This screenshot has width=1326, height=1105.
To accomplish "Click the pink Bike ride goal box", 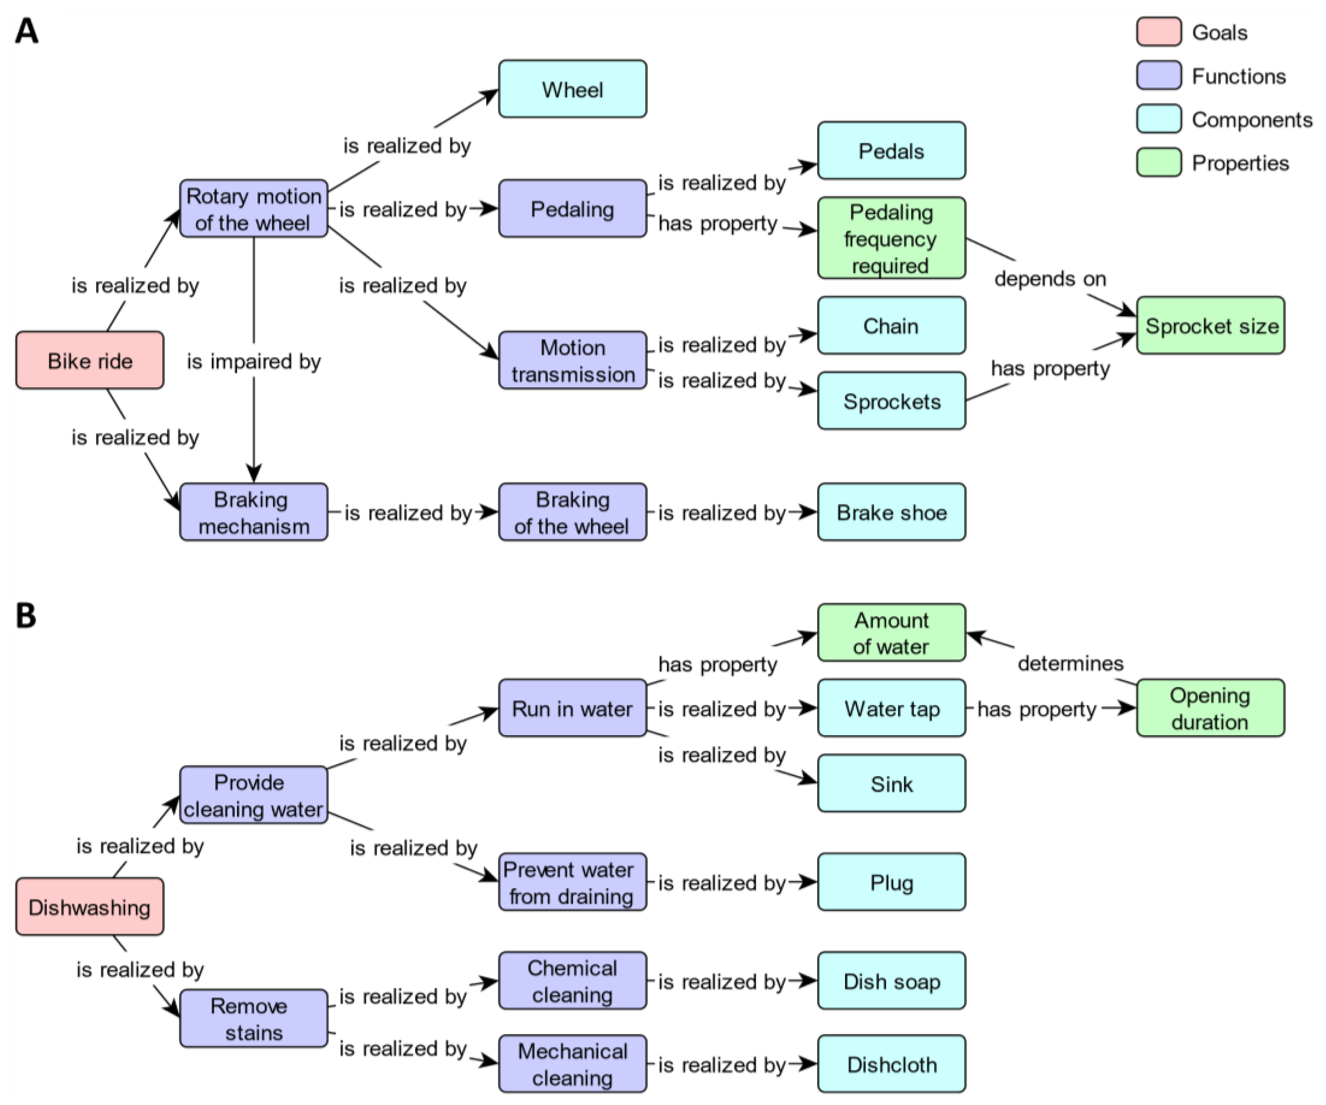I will click(90, 360).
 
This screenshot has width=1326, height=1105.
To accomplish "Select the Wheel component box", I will click(572, 89).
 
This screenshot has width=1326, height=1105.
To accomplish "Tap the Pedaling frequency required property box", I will click(891, 238).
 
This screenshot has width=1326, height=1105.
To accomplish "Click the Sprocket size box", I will click(1210, 325).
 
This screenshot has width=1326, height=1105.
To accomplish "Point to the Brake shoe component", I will click(891, 512).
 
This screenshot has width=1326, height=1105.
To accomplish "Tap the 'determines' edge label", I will click(1070, 663).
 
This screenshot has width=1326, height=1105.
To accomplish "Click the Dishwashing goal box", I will click(90, 907).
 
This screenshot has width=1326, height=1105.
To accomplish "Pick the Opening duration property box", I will click(1210, 708).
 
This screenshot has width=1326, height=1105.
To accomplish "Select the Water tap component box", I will click(891, 708).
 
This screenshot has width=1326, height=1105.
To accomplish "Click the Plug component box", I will click(891, 882).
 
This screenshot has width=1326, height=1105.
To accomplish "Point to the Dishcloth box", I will click(891, 1064).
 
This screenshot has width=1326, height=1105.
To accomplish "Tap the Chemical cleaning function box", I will click(572, 981).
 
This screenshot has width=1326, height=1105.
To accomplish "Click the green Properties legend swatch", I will click(1159, 162).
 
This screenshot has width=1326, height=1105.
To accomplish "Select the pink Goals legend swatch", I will click(1159, 32).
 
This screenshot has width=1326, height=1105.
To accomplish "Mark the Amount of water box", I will click(891, 633).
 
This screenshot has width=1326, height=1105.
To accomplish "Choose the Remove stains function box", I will click(253, 1018).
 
